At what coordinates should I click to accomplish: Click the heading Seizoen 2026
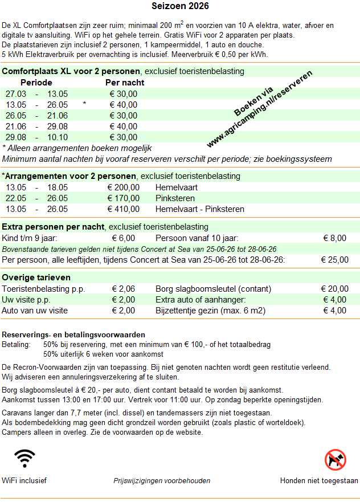point(180,7)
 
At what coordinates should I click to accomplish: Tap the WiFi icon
point(24,458)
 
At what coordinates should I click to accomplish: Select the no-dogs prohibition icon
point(335,459)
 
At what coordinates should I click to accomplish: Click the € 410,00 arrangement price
point(124,209)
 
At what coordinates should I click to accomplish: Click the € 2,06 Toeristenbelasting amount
point(124,289)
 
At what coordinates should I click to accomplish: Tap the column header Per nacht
point(125,83)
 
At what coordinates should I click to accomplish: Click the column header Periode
point(36,83)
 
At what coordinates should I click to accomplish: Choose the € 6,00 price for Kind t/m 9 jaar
point(124,238)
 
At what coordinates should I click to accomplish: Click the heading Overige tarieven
point(36,277)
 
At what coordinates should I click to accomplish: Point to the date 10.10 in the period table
point(57,137)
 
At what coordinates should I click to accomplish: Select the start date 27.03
point(16,94)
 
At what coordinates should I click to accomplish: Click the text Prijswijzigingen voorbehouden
point(162,480)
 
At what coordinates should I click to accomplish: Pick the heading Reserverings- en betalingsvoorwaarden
point(73,334)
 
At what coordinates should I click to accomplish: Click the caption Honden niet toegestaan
point(319,480)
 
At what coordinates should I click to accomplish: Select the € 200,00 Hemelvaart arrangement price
point(124,187)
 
